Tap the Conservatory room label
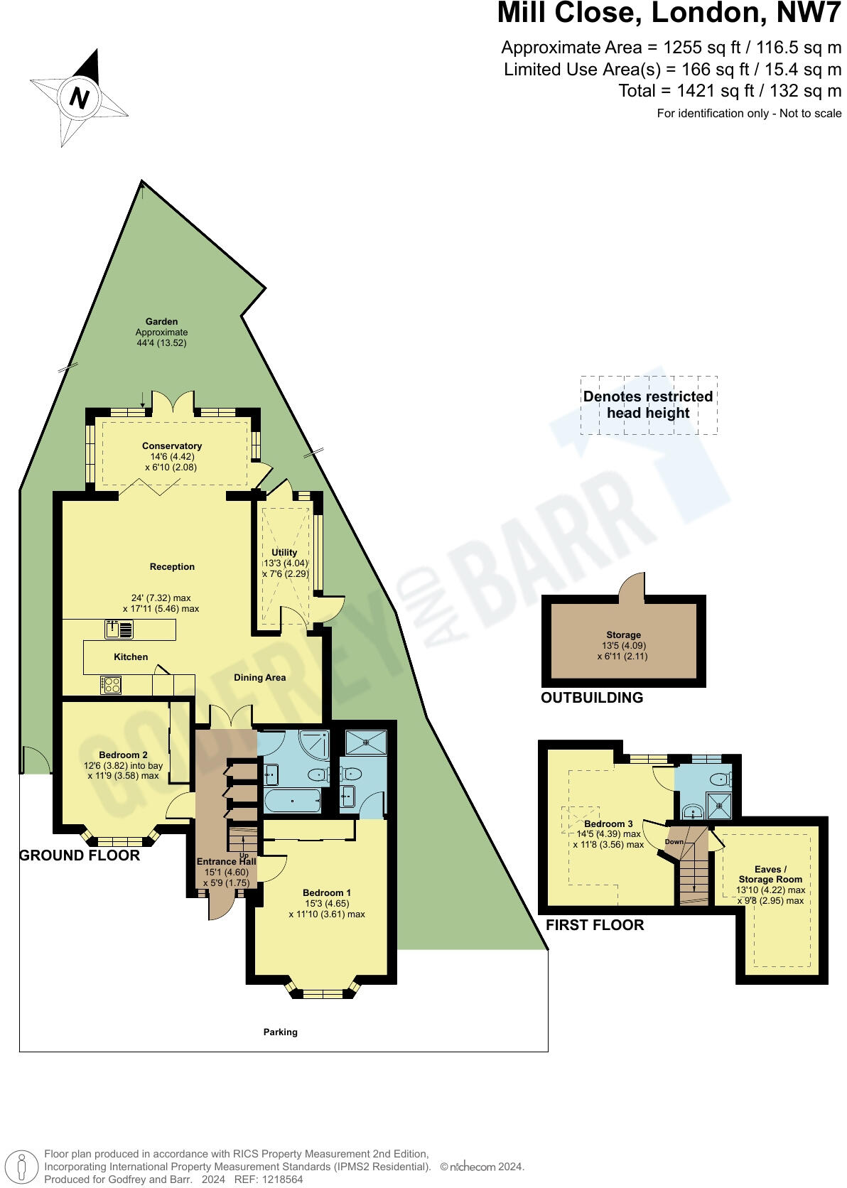point(171,446)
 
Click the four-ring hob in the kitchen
point(111,685)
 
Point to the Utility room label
point(285,552)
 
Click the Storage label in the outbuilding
point(623,635)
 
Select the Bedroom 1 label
point(326,892)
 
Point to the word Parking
point(280,1032)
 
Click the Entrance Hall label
point(226,862)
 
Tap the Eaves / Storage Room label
point(770,874)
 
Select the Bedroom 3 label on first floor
point(608,824)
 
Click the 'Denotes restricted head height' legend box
point(648,405)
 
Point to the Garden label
point(161,322)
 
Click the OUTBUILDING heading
point(592,698)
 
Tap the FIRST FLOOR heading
point(595,925)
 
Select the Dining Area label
point(259,678)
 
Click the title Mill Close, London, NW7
point(669,14)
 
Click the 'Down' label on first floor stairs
point(674,842)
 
